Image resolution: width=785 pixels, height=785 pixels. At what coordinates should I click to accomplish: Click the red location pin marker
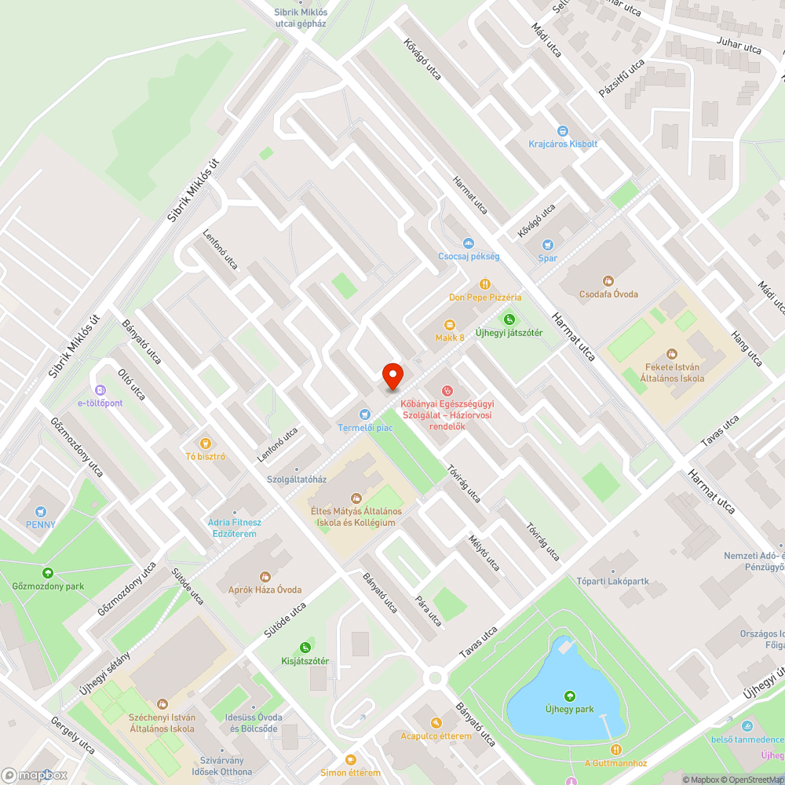pos(392,376)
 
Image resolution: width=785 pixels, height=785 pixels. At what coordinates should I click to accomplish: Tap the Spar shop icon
pos(547,245)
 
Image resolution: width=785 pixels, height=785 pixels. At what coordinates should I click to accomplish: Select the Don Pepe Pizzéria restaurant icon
pos(485,284)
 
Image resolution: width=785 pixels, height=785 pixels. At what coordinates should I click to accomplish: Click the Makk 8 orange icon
pos(450,324)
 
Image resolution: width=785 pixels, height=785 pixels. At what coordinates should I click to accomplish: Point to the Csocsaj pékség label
pos(469,257)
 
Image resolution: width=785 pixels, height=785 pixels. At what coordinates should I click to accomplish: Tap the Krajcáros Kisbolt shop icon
pos(563,131)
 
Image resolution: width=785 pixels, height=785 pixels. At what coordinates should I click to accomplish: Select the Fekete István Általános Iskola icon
pos(671,355)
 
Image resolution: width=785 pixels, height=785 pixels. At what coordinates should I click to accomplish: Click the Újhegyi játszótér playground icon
pos(509,319)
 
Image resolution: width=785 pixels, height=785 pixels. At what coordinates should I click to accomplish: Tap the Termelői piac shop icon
pos(364,414)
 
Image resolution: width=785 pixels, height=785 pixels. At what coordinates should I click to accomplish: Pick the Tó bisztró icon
pos(206,443)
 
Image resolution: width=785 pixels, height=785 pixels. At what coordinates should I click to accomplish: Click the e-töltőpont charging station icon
pos(100,390)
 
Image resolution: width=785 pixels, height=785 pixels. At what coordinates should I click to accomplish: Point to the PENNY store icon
pos(40,511)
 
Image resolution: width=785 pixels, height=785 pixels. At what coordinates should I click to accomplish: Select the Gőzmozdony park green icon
pos(48,573)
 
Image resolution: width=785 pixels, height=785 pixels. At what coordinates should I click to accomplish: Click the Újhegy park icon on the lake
pos(569,696)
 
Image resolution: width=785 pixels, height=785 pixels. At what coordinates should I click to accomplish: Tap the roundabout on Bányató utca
pos(434,677)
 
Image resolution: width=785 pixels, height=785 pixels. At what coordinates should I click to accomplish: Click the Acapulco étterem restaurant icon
pos(436,723)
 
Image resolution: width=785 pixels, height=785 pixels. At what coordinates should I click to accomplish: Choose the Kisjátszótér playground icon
pos(305,648)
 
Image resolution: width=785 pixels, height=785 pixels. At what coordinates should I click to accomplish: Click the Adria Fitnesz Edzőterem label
pos(235,528)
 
